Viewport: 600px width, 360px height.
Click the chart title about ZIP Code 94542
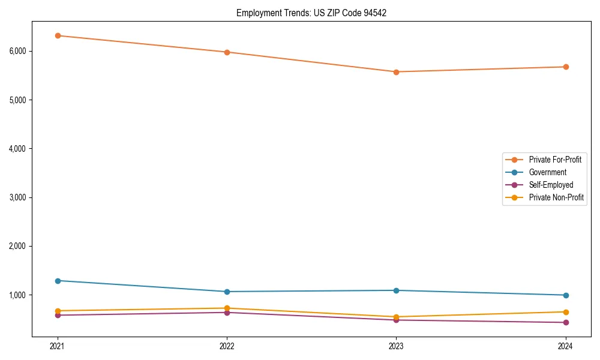311,13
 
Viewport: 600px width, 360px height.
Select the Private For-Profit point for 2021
58,35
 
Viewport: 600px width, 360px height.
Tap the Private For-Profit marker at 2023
396,72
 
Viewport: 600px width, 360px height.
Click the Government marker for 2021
58,281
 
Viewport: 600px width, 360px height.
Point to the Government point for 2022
227,292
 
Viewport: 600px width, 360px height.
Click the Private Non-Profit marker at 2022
227,308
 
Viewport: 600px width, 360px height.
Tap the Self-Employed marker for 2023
396,320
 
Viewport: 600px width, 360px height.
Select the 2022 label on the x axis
227,346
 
